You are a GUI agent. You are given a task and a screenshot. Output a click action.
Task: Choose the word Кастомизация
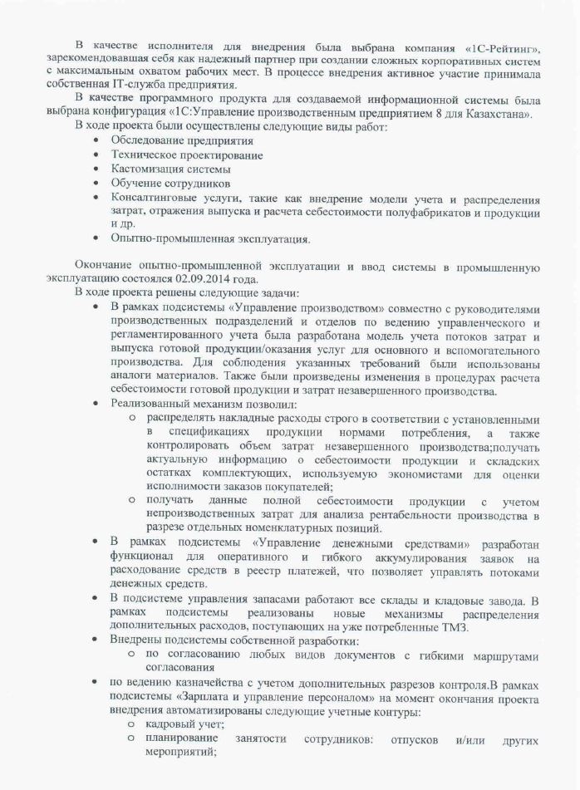pyautogui.click(x=147, y=168)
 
